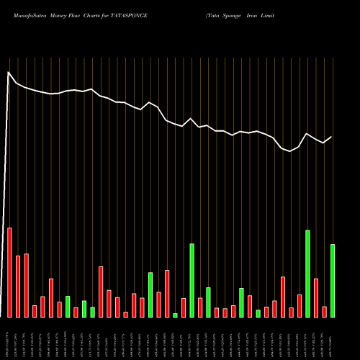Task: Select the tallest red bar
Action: [x=9, y=272]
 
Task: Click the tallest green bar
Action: [x=307, y=274]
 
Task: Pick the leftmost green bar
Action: [x=68, y=307]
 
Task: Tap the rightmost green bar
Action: [x=333, y=281]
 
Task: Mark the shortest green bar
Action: [x=175, y=315]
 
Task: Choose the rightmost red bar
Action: [x=324, y=312]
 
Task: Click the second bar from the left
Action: [x=18, y=287]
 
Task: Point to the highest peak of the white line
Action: [x=9, y=72]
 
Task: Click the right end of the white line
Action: [x=332, y=137]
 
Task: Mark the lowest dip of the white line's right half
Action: [x=290, y=151]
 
